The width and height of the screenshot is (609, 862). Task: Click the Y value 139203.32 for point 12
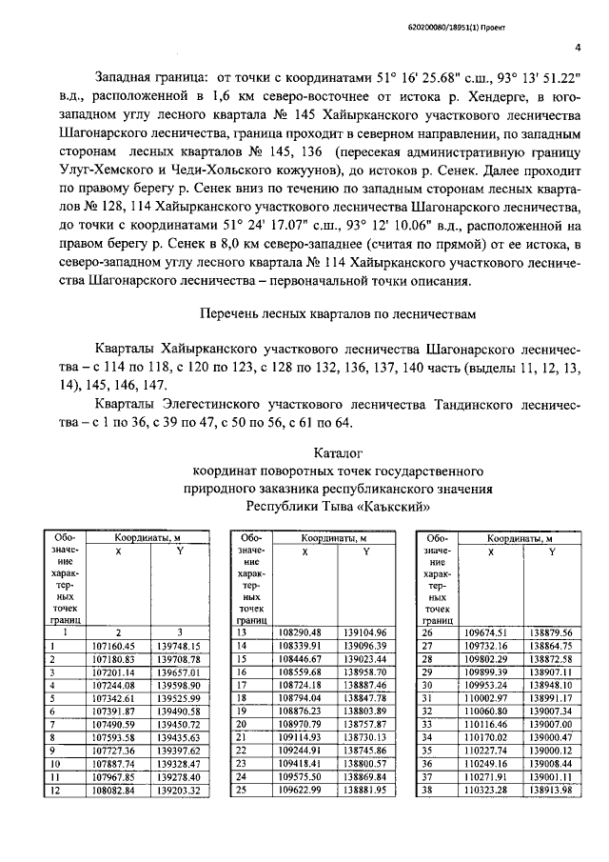point(179,790)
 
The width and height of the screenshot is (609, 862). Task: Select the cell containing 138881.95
point(367,790)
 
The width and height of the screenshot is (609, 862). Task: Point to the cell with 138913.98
point(553,790)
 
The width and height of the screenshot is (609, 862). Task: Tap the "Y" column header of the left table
point(179,551)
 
